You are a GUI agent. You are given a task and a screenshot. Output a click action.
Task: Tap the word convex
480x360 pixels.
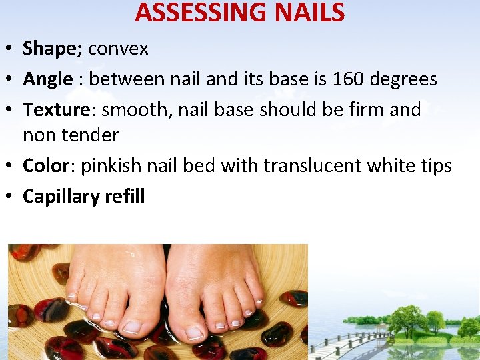pyautogui.click(x=118, y=49)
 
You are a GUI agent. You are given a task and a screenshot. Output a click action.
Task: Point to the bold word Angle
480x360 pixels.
pyautogui.click(x=47, y=79)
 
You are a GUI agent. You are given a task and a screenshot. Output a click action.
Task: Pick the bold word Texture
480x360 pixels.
pyautogui.click(x=56, y=109)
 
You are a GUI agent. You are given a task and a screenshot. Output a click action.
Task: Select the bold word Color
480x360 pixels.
pyautogui.click(x=47, y=165)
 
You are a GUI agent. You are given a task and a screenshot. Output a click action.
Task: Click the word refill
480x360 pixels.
pyautogui.click(x=125, y=196)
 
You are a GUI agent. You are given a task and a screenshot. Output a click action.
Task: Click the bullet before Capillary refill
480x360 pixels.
pyautogui.click(x=10, y=196)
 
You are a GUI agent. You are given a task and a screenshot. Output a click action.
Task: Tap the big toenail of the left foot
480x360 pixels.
pyautogui.click(x=132, y=327)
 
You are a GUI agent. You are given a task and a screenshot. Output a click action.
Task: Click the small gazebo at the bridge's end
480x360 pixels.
pyautogui.click(x=382, y=329)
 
